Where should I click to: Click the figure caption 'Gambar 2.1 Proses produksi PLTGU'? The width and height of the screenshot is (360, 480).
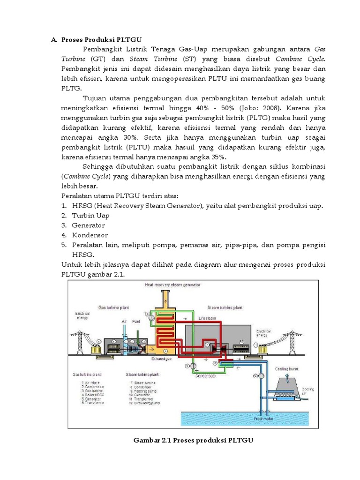point(193,440)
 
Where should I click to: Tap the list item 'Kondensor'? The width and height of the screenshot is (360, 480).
point(90,235)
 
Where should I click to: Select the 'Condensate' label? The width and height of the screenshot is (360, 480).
point(207,375)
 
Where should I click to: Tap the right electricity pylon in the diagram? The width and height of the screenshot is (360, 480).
point(290,338)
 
